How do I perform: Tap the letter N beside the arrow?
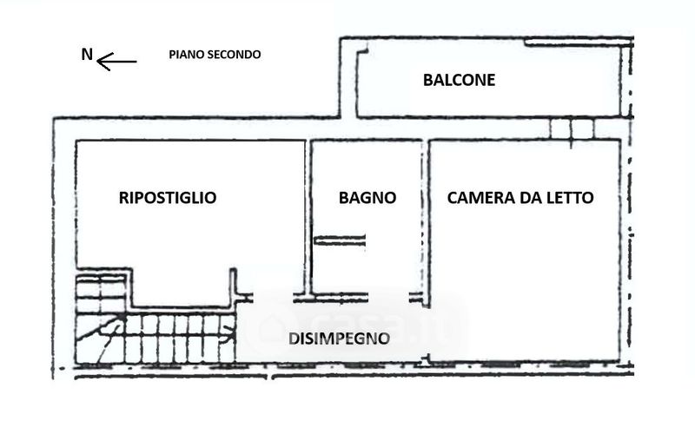86,55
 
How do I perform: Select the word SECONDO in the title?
234,54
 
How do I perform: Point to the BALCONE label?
459,81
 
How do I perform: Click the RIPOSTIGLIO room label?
167,198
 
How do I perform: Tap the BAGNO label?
367,198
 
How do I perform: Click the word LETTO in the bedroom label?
570,198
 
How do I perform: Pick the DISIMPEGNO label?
338,339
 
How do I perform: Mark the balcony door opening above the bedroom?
572,128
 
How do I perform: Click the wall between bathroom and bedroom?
425,217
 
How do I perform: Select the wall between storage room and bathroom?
308,217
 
